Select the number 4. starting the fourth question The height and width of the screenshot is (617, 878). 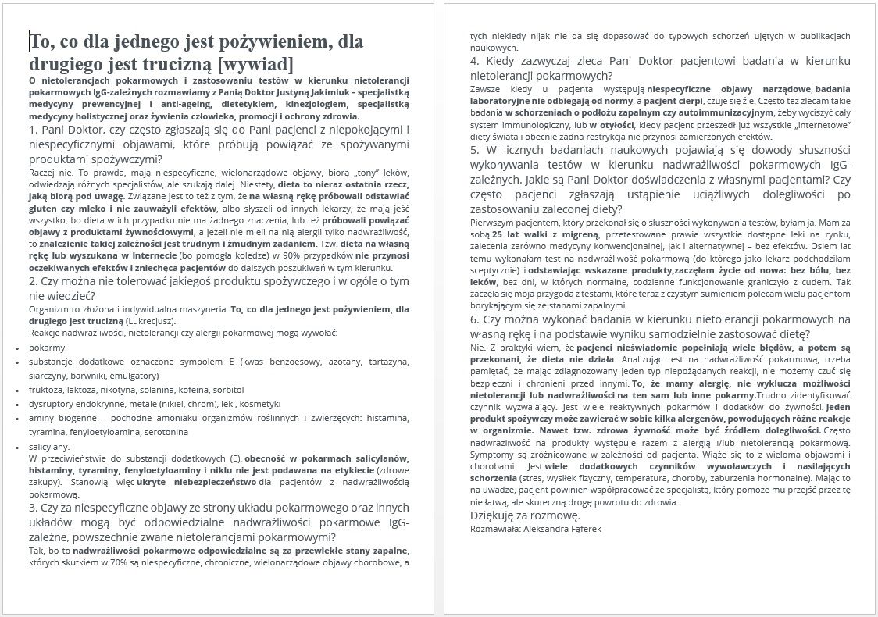click(475, 61)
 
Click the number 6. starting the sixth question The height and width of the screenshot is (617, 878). click(475, 319)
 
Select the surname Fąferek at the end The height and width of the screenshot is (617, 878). click(580, 529)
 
